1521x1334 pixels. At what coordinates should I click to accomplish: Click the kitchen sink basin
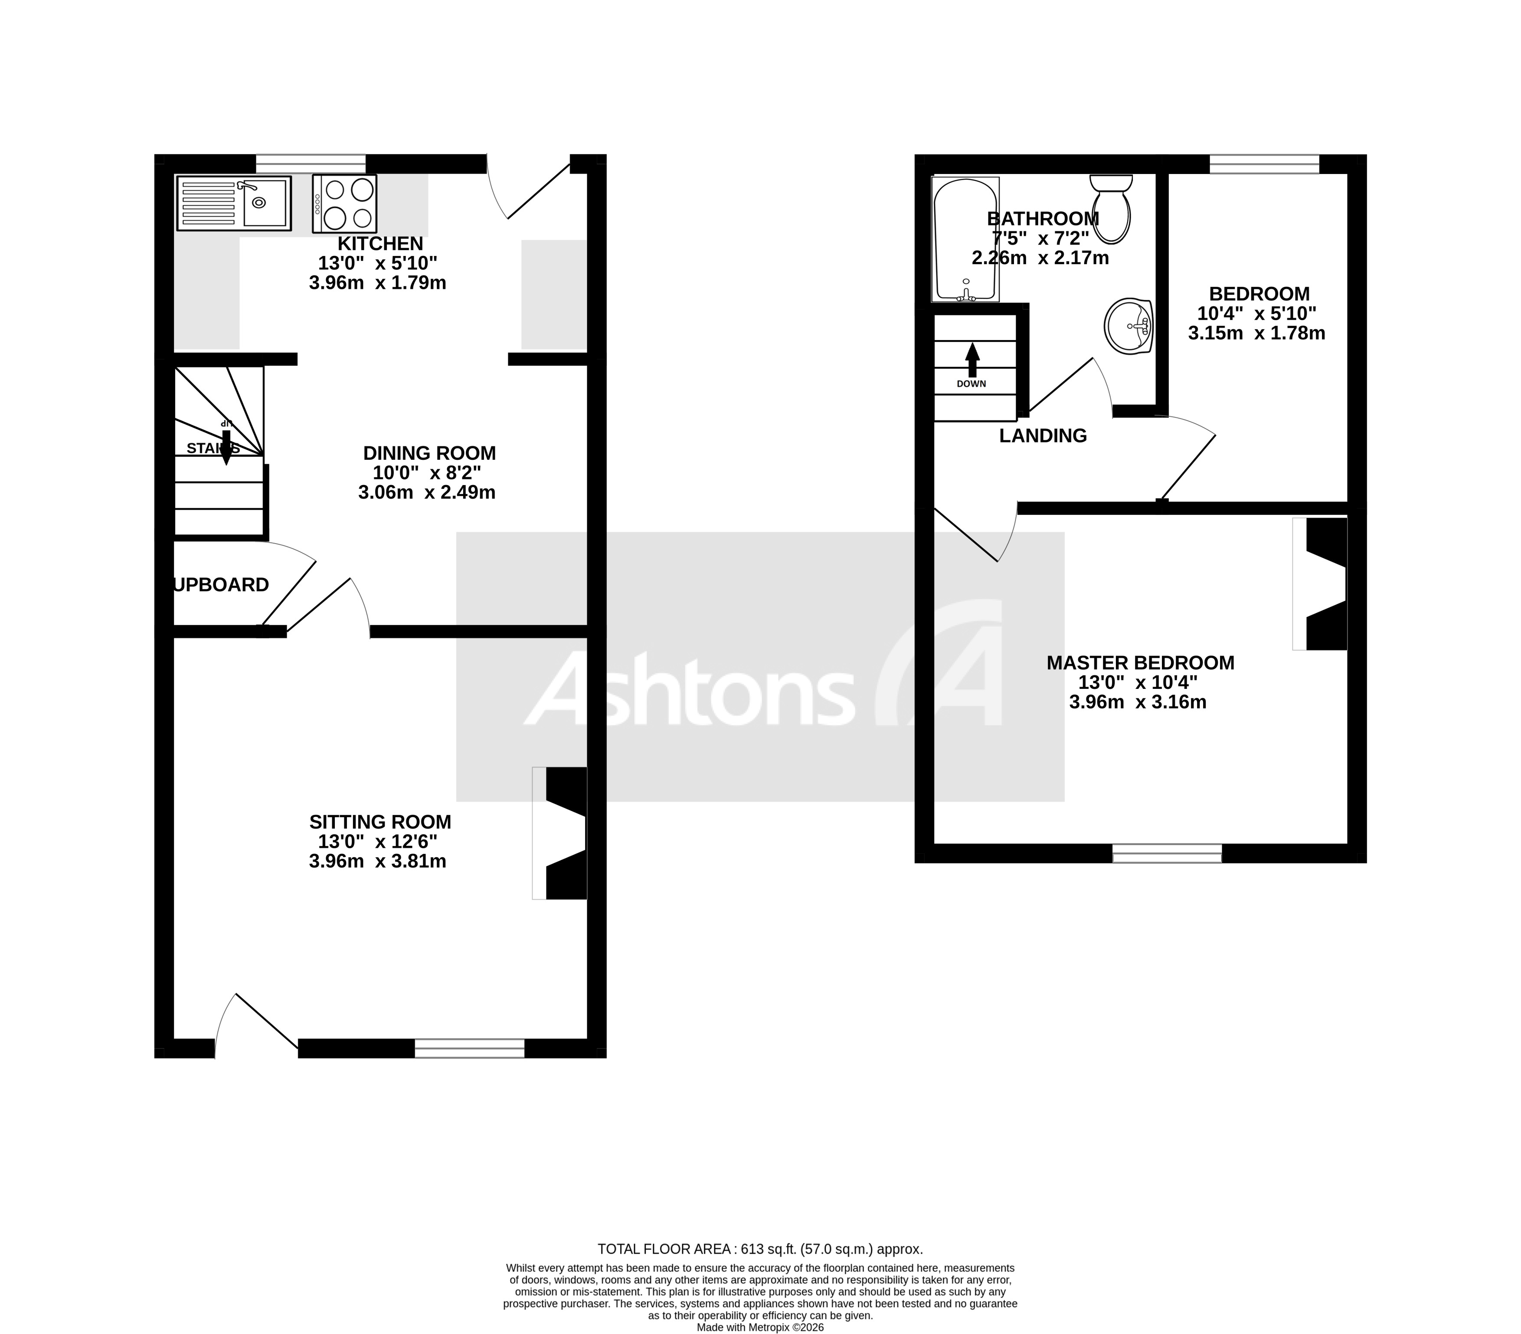click(264, 203)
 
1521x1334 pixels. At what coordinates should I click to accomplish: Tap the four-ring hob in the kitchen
click(344, 203)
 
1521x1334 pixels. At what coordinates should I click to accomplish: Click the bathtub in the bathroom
click(965, 240)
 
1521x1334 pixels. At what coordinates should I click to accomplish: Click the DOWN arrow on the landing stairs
click(972, 361)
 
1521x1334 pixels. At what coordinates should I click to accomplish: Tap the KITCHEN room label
click(380, 243)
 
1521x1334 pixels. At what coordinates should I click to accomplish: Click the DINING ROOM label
click(429, 453)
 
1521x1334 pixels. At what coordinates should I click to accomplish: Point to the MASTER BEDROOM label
click(1140, 662)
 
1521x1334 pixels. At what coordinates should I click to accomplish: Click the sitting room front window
click(470, 1048)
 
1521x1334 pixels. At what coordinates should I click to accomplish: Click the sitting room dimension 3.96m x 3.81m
click(378, 861)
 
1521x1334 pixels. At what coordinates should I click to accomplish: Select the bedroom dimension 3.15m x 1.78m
click(1256, 334)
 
